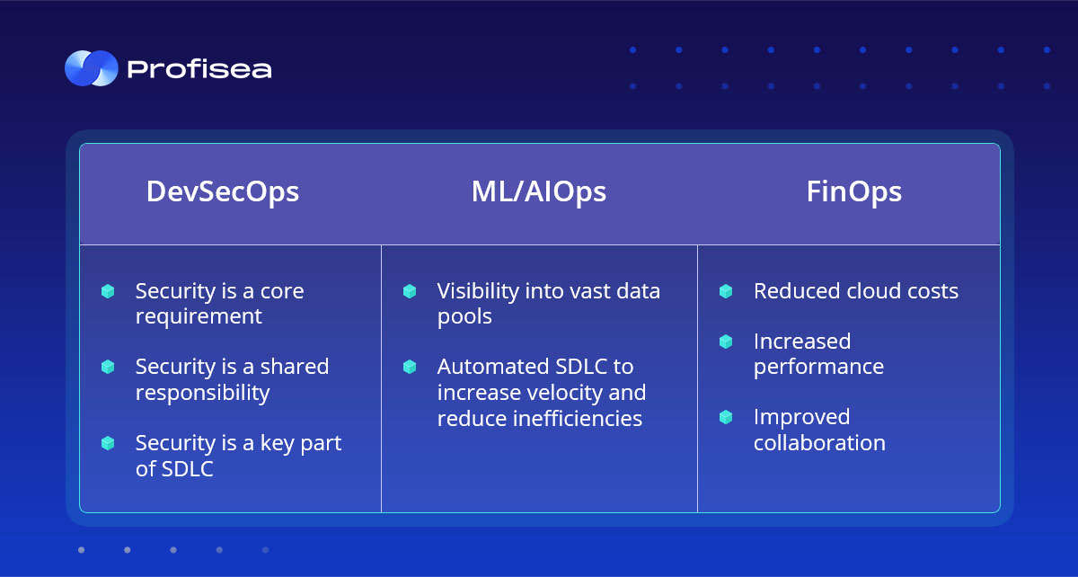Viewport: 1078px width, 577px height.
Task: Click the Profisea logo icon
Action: tap(92, 68)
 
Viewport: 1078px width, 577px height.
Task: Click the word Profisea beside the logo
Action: tap(199, 69)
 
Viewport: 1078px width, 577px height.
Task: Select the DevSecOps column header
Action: tap(223, 192)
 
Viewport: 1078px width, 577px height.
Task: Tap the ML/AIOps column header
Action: tap(538, 192)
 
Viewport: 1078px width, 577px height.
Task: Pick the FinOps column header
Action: tap(853, 192)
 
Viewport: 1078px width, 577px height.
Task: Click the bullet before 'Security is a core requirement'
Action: tap(108, 291)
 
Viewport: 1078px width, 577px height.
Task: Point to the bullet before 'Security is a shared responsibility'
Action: tap(108, 367)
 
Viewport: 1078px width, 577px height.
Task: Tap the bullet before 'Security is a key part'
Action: tap(108, 443)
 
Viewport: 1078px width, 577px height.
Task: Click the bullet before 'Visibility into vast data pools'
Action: tap(410, 291)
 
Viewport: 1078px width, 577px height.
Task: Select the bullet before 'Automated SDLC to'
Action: tap(410, 367)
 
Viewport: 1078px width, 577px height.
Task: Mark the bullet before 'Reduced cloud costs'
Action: tap(726, 291)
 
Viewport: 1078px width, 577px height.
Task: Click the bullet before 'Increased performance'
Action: tap(726, 342)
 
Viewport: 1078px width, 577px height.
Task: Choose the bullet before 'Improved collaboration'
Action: tap(726, 417)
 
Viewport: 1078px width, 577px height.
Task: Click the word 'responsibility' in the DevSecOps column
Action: tap(203, 394)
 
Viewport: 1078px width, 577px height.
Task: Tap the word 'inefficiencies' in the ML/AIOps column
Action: tap(540, 419)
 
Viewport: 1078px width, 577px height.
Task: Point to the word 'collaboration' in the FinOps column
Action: tap(819, 443)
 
